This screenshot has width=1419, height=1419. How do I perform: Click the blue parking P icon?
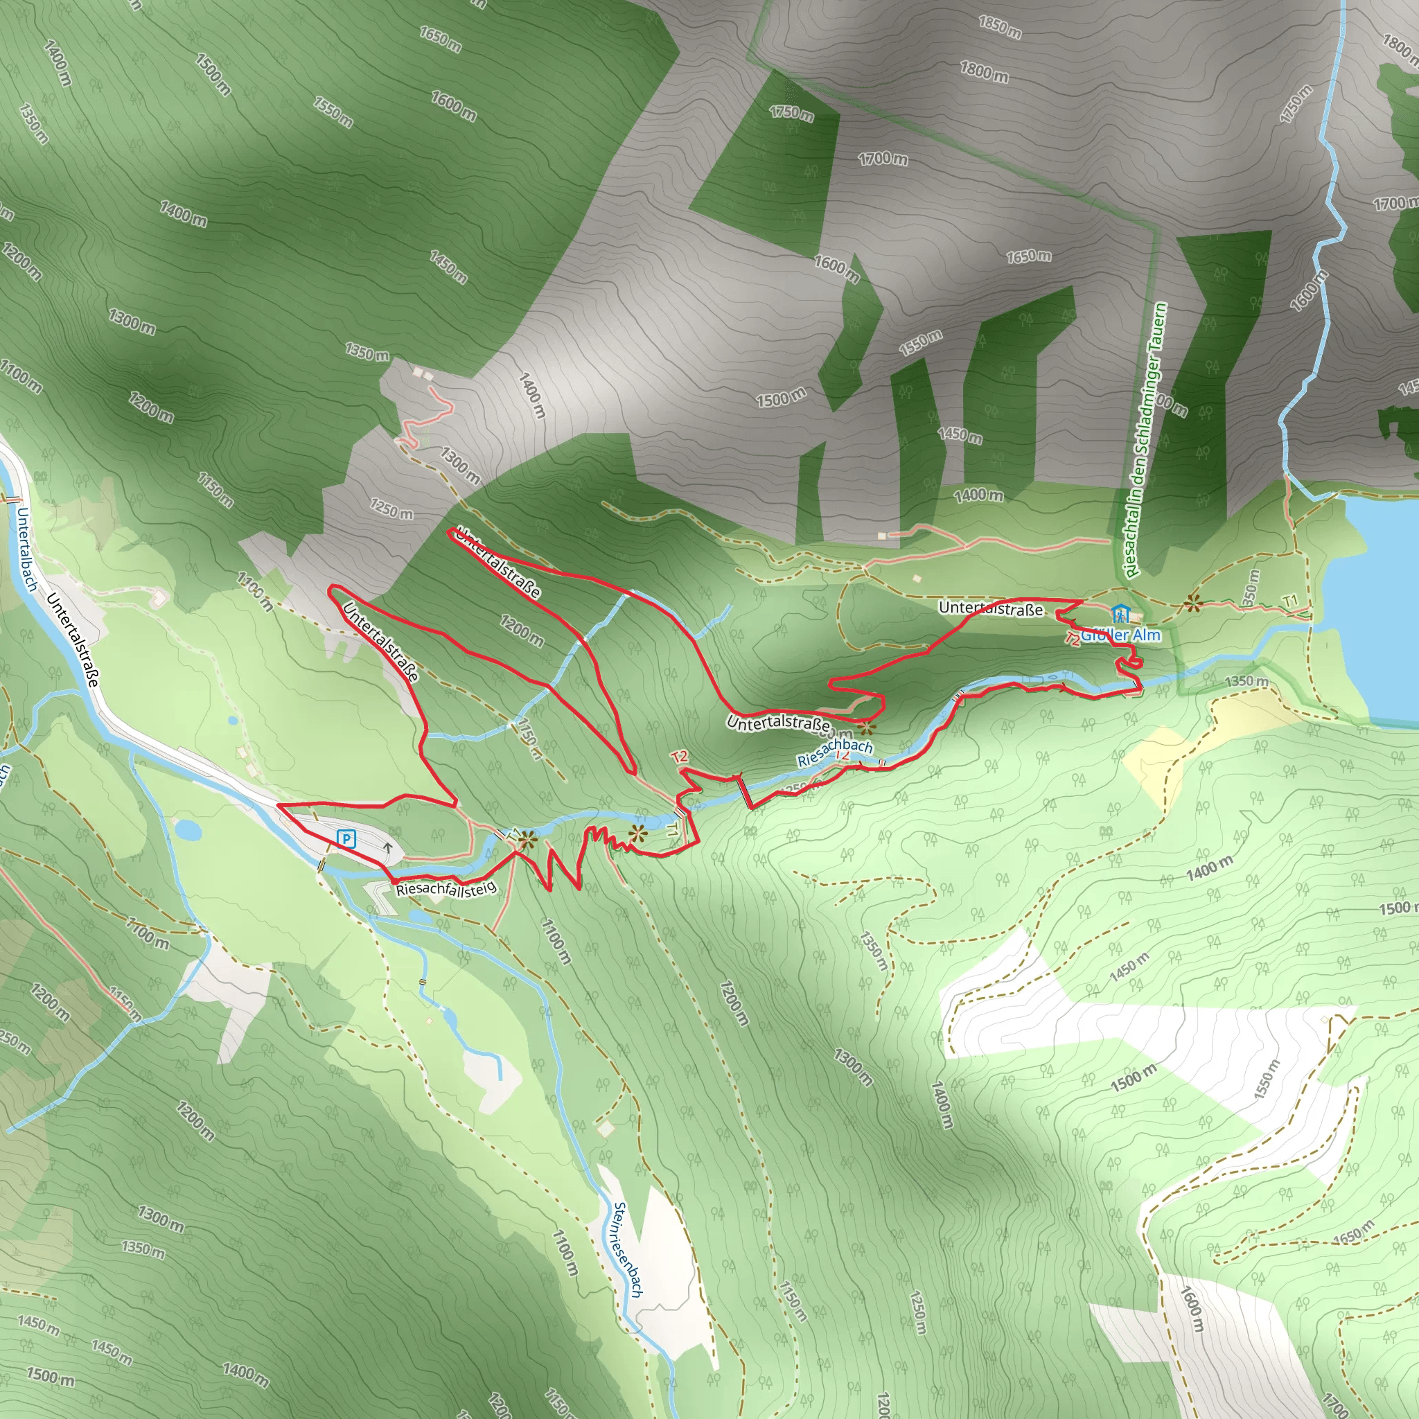pyautogui.click(x=345, y=838)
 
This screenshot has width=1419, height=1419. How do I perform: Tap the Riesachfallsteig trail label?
pyautogui.click(x=446, y=889)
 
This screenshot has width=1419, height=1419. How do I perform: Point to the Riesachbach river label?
pyautogui.click(x=835, y=753)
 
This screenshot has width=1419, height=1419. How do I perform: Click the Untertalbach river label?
pyautogui.click(x=27, y=549)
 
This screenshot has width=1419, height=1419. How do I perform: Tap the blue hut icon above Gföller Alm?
pyautogui.click(x=1120, y=613)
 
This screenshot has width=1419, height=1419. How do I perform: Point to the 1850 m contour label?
pyautogui.click(x=1000, y=27)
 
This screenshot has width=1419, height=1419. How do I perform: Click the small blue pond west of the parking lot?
pyautogui.click(x=188, y=831)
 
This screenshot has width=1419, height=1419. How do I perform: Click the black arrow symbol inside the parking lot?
pyautogui.click(x=388, y=847)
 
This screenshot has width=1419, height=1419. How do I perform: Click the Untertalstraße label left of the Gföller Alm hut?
pyautogui.click(x=990, y=609)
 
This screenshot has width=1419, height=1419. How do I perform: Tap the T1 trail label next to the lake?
pyautogui.click(x=1290, y=601)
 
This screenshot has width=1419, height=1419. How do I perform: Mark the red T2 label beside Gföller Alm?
pyautogui.click(x=1073, y=639)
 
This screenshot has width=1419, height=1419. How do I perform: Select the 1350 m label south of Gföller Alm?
pyautogui.click(x=1246, y=681)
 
